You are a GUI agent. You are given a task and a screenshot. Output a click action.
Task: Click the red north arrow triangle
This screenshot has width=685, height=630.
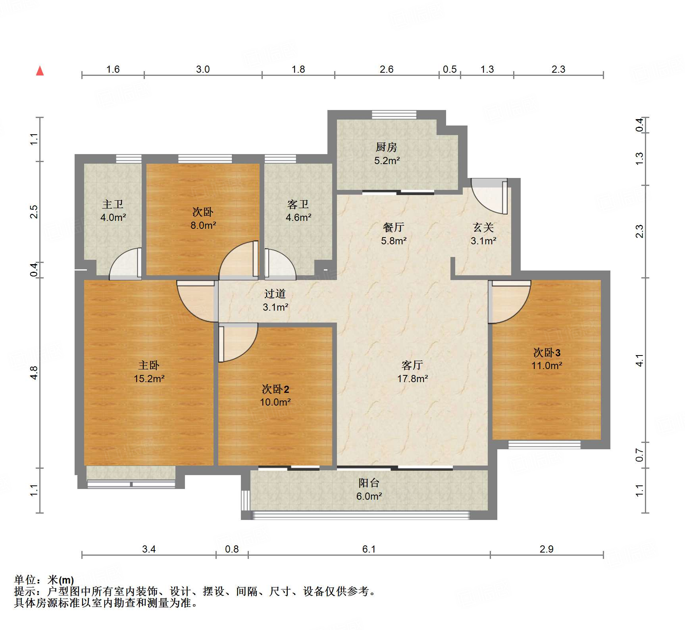[x=40, y=71]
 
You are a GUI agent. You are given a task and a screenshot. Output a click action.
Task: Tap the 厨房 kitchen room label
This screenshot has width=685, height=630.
[x=386, y=147]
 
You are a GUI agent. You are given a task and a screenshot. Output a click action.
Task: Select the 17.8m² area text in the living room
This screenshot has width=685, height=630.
[x=412, y=379]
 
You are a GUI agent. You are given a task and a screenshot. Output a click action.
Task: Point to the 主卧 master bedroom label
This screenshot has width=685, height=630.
[x=149, y=365]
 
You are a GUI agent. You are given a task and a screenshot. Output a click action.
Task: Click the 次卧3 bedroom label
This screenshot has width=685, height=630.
[x=546, y=352]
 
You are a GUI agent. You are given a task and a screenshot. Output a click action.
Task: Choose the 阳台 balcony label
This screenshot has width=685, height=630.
[x=369, y=483]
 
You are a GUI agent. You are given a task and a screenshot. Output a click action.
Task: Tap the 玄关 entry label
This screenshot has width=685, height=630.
[x=483, y=227]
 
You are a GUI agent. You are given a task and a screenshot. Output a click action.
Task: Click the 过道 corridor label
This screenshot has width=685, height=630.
[x=275, y=294]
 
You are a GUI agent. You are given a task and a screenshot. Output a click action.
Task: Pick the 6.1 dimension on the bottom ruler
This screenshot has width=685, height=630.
[x=369, y=549]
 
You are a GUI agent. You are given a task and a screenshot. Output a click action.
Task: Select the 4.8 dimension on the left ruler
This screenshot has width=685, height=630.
[x=34, y=373]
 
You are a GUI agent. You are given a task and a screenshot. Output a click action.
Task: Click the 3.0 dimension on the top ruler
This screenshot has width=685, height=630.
[x=203, y=69]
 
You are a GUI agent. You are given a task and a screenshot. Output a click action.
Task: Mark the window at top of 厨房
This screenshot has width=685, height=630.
[x=394, y=115]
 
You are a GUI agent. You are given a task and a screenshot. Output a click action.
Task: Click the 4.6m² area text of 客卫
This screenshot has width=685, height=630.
[x=298, y=218]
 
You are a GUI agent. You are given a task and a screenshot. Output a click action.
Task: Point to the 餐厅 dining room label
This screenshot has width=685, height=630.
[x=394, y=227]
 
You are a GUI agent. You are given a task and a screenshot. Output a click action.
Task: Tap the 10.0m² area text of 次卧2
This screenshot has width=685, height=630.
[x=275, y=402]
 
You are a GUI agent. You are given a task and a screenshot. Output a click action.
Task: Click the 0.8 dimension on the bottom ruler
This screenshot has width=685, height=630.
[x=232, y=549]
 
